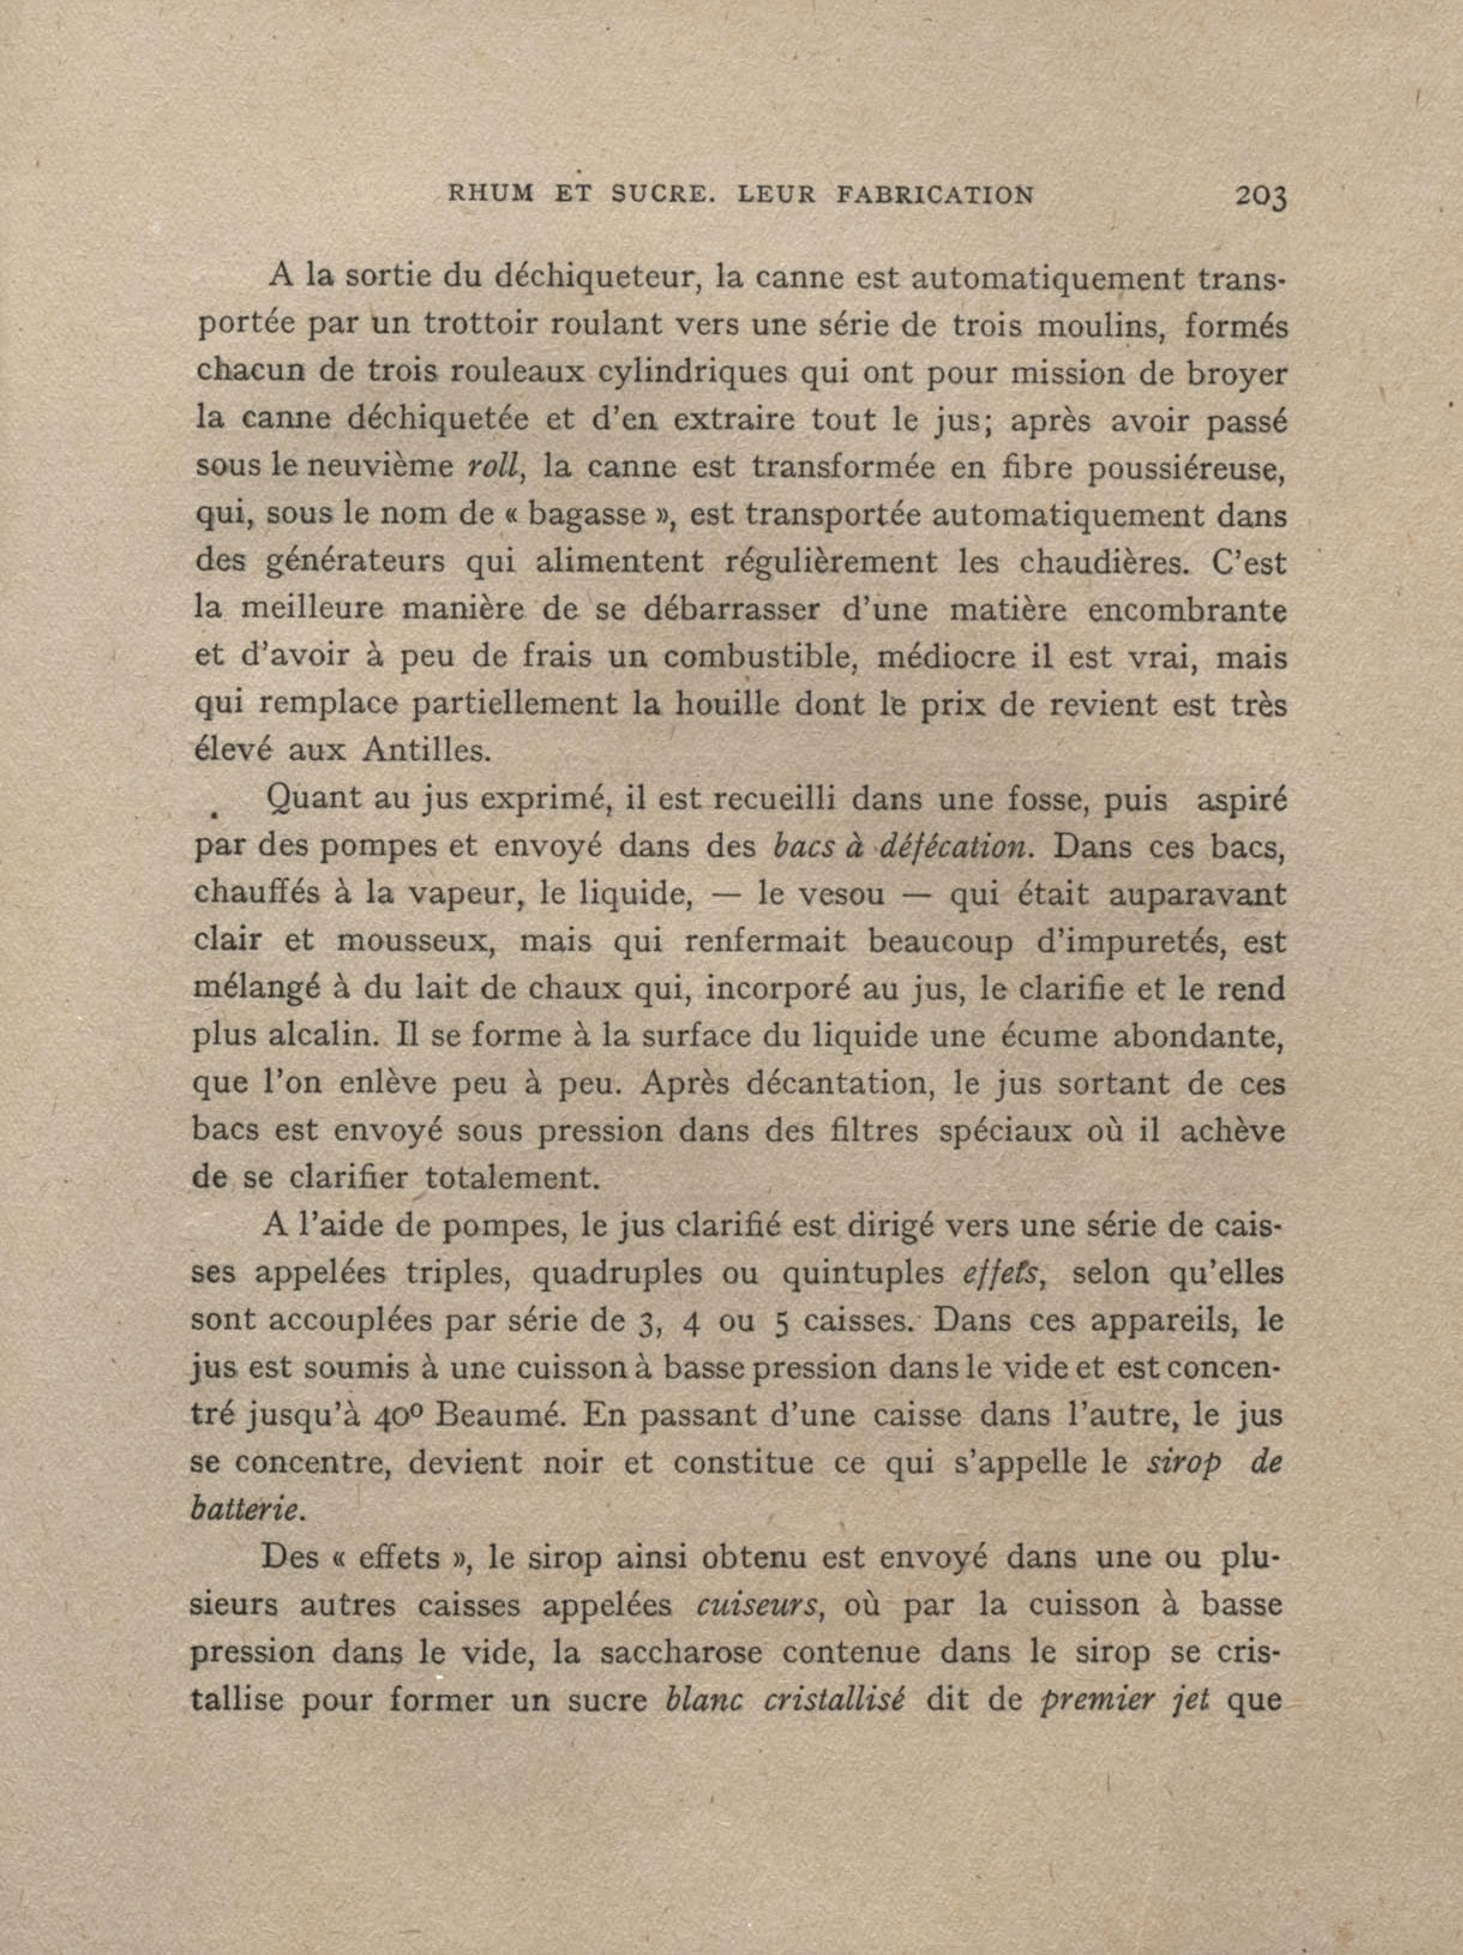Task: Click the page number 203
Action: (x=1262, y=197)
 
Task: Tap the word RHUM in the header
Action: (x=491, y=196)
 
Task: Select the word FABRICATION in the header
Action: (x=935, y=196)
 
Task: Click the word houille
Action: (x=726, y=704)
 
